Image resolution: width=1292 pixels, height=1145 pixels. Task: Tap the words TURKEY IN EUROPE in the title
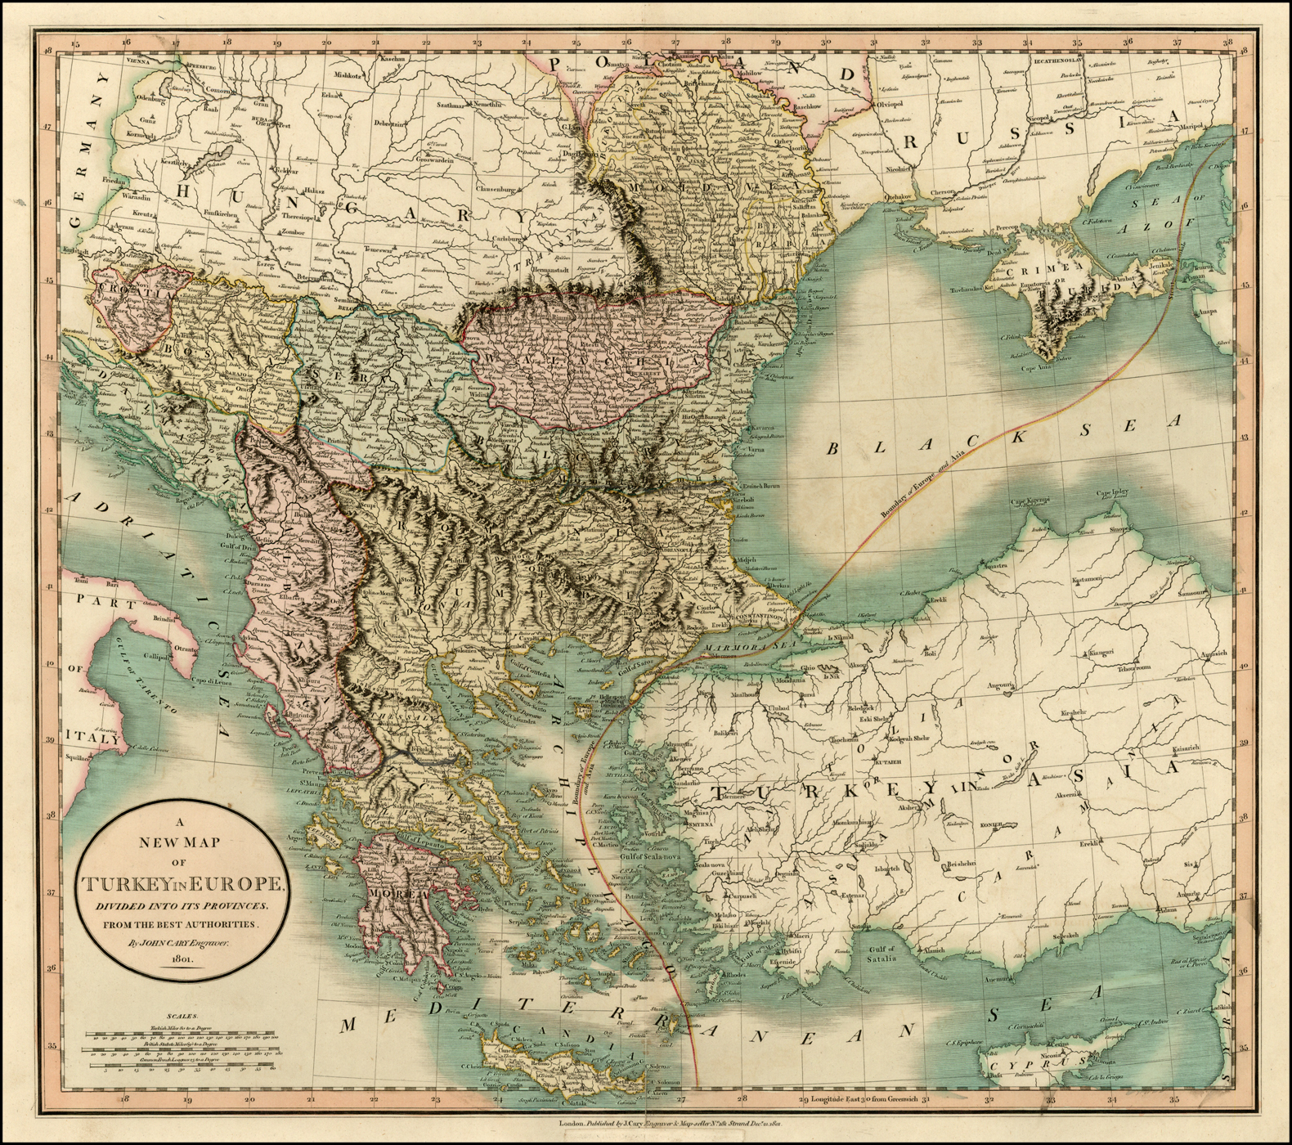coord(182,885)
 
